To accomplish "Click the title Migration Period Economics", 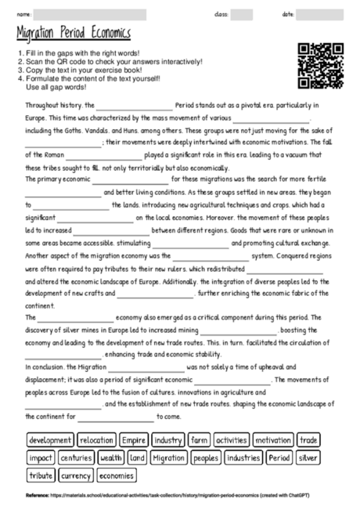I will click(x=73, y=34).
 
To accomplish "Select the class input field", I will click(x=241, y=14).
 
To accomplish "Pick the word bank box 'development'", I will click(x=50, y=441).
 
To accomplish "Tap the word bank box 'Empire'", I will click(x=134, y=441).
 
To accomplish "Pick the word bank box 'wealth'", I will click(x=112, y=458).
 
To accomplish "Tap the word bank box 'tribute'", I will click(x=41, y=475).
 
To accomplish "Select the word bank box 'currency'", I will click(x=76, y=475).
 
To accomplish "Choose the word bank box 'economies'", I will click(x=117, y=475).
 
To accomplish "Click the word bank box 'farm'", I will click(x=200, y=441).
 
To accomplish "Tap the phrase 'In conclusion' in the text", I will click(x=45, y=366).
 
